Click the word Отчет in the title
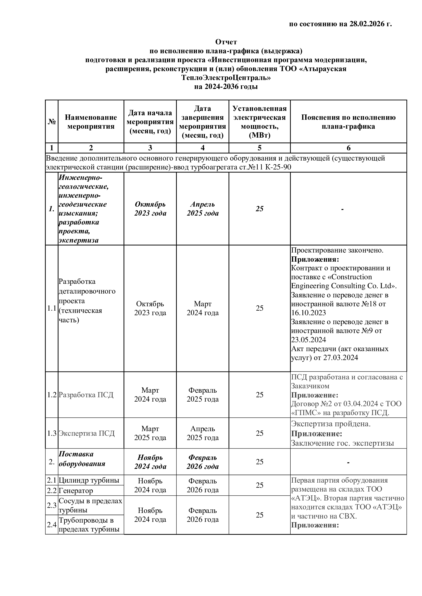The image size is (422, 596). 226,42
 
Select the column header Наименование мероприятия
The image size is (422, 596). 91,122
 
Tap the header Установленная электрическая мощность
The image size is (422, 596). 259,122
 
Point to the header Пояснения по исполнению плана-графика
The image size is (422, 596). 348,122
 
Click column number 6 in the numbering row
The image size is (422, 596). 349,148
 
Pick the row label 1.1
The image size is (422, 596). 52,308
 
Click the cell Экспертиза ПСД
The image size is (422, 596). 86,433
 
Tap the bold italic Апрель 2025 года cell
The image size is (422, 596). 203,209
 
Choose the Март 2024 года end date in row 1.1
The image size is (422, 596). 203,308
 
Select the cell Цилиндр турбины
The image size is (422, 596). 89,480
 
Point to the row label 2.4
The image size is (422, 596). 52,525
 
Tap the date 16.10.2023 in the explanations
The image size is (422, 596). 308,313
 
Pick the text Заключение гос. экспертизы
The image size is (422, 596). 342,443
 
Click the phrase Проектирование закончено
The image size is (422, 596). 337,250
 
